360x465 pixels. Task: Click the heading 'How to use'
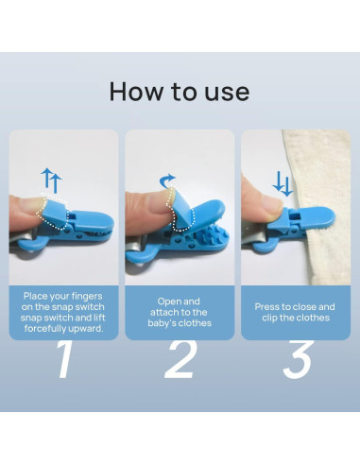coord(180,92)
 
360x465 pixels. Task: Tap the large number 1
coord(63,360)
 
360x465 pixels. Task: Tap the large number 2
coord(180,360)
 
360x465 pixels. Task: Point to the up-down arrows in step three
coord(282,181)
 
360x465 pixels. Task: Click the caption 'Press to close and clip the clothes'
coord(295,312)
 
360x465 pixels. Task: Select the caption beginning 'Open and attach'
coord(180,312)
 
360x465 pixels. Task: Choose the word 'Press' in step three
coord(269,306)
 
